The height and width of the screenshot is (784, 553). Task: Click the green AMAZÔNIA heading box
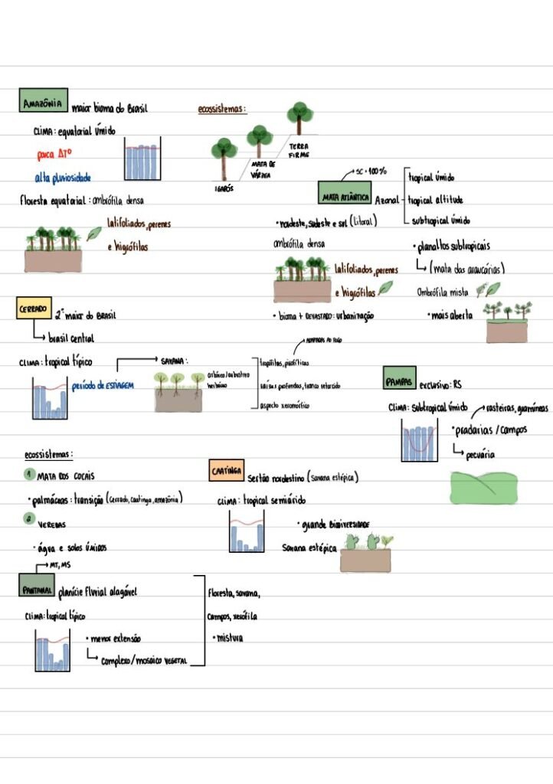click(43, 102)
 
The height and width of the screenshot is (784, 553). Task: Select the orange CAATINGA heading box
click(227, 471)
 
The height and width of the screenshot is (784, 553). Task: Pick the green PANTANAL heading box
click(37, 590)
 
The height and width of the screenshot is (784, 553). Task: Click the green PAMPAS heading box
click(399, 378)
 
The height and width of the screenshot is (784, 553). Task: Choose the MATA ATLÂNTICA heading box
click(345, 197)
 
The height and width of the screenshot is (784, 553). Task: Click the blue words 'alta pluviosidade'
click(63, 178)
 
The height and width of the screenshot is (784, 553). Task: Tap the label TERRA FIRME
click(299, 151)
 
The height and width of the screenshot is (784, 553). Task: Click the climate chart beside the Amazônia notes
click(142, 159)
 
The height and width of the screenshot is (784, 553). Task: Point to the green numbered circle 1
click(28, 475)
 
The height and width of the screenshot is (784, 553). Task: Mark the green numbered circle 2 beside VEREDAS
click(28, 519)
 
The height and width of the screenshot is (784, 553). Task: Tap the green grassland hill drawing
click(483, 486)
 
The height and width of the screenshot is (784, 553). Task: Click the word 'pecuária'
click(479, 454)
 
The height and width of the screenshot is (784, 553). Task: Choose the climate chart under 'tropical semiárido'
click(247, 532)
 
